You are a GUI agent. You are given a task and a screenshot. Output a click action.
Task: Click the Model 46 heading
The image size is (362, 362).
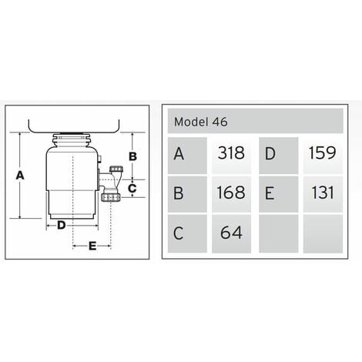[x=201, y=121]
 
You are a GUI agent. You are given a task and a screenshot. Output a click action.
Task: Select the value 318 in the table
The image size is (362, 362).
[x=230, y=153]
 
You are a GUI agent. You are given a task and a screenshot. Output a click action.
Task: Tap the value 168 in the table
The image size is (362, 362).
[x=230, y=193]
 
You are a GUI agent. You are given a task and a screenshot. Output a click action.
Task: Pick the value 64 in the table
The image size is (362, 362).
[x=231, y=232]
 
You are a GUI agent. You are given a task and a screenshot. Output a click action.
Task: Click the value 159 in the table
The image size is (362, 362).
[x=321, y=153]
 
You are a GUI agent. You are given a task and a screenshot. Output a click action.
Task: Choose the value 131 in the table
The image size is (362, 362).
[x=322, y=193]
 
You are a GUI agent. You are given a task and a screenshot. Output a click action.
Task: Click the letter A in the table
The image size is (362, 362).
[x=179, y=153]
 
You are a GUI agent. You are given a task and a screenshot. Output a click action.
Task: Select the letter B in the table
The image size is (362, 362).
[x=179, y=193]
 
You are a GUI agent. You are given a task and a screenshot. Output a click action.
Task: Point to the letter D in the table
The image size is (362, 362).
[x=270, y=153]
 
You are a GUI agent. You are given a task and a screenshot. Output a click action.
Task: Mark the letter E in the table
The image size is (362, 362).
[x=270, y=193]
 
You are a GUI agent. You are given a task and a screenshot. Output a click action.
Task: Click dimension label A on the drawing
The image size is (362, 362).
[x=21, y=176]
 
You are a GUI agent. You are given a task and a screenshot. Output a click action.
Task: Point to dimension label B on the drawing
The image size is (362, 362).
[x=132, y=156]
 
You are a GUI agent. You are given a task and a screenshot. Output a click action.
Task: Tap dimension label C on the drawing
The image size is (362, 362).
[x=132, y=187]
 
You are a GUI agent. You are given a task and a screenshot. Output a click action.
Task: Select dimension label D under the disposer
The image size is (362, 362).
[x=61, y=225]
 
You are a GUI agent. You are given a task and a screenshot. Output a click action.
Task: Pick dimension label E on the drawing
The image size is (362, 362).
[x=92, y=246]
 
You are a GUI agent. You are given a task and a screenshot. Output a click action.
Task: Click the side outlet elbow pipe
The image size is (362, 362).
[x=112, y=181]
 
